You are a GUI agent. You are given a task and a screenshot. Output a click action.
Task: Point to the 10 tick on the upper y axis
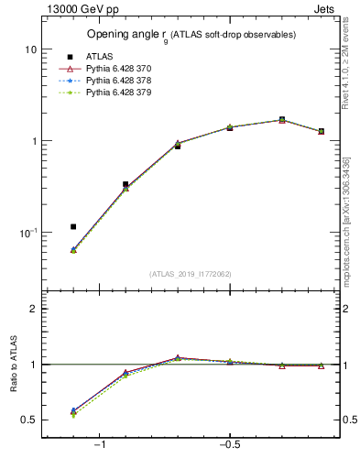30,49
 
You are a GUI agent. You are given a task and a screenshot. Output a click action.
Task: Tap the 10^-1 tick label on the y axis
27,233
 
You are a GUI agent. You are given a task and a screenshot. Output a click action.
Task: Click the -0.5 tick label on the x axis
228,445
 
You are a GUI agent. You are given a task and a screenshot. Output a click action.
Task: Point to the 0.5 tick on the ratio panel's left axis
28,420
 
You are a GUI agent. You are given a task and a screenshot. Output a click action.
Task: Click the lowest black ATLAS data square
73,226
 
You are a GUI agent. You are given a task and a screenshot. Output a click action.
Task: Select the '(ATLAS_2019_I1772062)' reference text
191,274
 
